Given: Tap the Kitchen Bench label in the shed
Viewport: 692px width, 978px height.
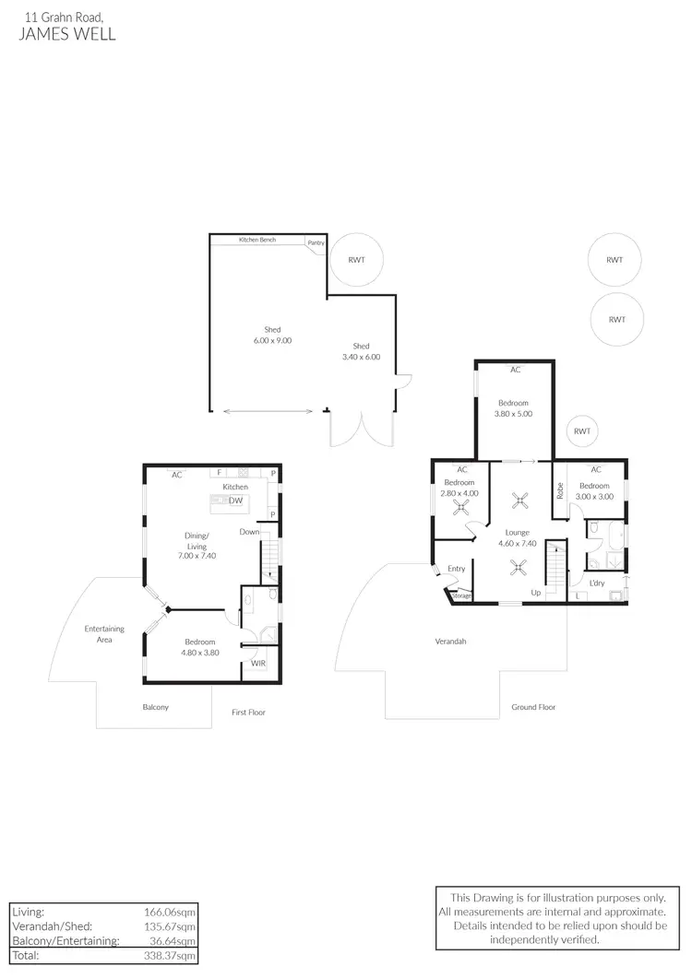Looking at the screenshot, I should (257, 240).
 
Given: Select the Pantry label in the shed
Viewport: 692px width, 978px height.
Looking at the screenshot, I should (316, 243).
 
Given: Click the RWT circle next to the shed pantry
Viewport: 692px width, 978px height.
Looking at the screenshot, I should (356, 260).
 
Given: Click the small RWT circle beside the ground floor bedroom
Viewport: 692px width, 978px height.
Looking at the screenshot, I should (581, 430).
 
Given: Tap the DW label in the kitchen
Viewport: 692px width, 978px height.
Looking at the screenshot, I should (236, 501).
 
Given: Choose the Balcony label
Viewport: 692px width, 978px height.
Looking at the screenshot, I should (155, 707).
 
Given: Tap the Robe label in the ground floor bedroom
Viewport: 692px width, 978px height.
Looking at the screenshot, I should (559, 491).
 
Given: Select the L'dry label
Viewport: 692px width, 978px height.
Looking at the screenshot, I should (597, 583).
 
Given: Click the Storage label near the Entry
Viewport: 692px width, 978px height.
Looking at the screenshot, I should (461, 596).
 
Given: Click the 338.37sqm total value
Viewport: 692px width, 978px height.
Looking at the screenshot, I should (173, 955).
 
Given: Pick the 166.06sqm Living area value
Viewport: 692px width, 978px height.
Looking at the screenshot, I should (173, 911).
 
